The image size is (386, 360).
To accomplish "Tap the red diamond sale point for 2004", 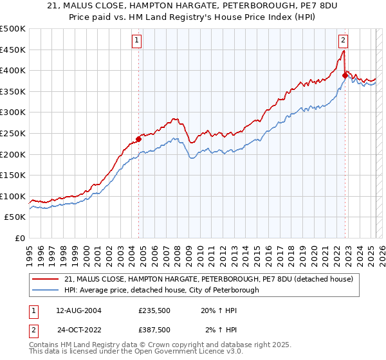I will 138,139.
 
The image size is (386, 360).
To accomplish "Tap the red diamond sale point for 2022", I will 345,75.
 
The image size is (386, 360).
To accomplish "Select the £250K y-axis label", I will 13,133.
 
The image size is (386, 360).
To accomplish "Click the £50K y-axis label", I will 15,217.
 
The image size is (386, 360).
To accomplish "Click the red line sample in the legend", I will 46,280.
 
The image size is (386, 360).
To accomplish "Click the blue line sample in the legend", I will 46,290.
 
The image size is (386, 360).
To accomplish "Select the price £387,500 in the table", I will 154,330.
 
